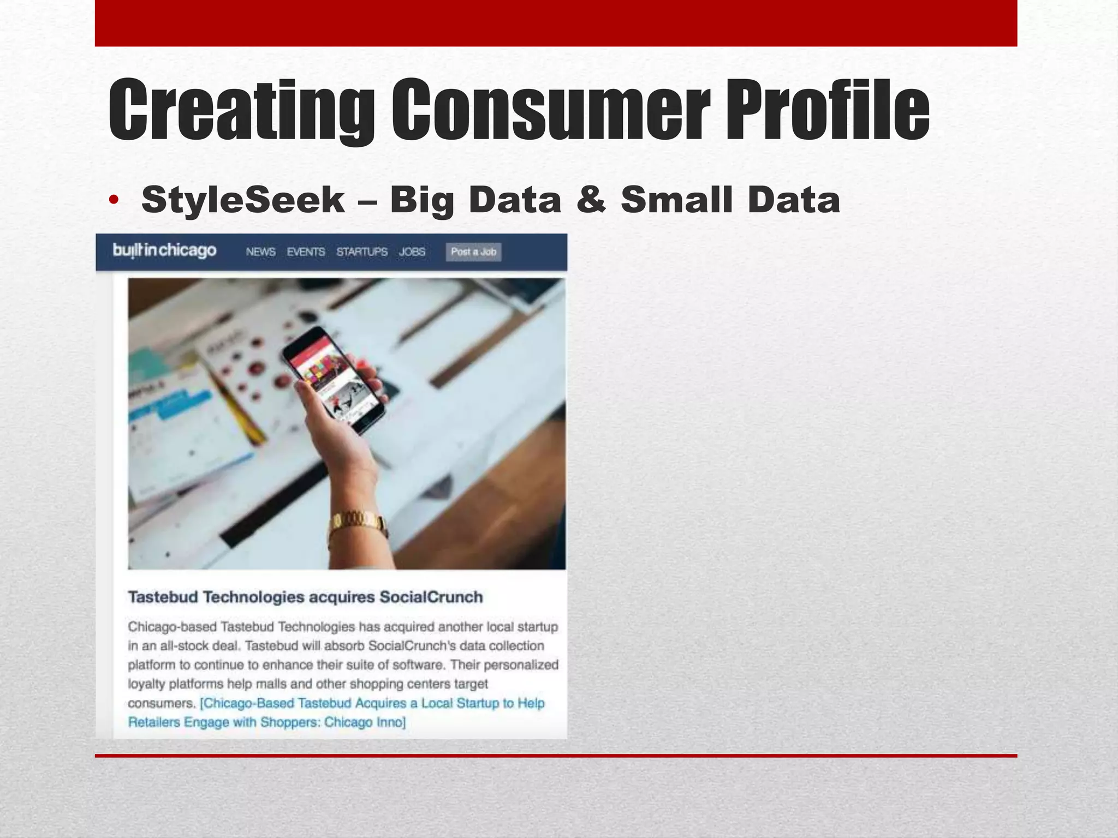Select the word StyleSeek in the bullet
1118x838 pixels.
click(x=243, y=200)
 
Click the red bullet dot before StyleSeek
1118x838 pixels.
click(x=113, y=200)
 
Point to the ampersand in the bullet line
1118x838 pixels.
click(x=591, y=200)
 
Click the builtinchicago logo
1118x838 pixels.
click(x=164, y=250)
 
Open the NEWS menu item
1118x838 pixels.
click(x=260, y=252)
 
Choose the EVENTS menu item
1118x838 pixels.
click(x=306, y=252)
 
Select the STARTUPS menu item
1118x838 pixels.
click(x=362, y=252)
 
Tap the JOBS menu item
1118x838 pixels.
click(x=412, y=252)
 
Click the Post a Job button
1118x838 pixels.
click(x=473, y=252)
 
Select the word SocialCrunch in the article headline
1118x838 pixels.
click(x=431, y=597)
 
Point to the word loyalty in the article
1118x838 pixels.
click(x=146, y=684)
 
